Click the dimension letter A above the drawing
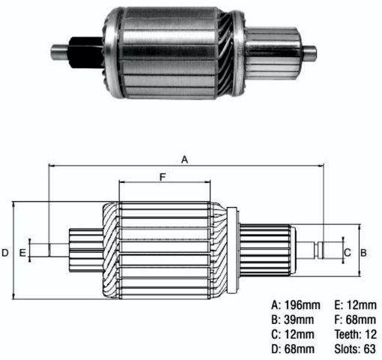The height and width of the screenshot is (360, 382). [184, 160]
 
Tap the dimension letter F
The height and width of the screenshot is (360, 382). [163, 177]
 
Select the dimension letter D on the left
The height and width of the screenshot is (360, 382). [5, 253]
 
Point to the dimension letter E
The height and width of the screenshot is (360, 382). [22, 253]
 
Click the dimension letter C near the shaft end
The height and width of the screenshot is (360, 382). [348, 253]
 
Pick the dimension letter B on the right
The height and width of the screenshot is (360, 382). [363, 253]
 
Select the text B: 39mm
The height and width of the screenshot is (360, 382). [293, 319]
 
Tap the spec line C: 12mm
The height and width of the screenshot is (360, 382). [293, 334]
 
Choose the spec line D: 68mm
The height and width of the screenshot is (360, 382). [293, 349]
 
